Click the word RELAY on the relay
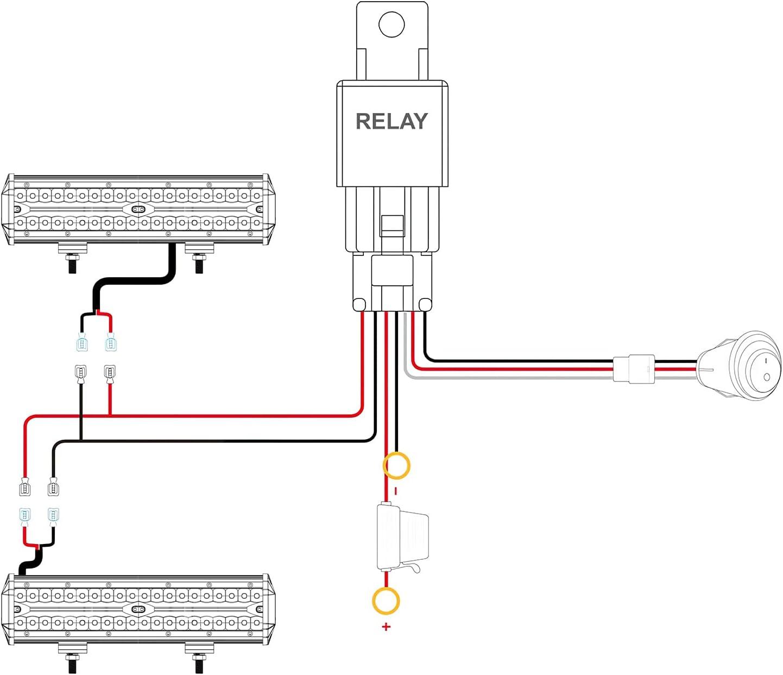pos(391,121)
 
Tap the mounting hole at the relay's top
pos(391,24)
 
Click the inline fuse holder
pos(402,538)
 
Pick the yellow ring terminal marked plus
pos(386,601)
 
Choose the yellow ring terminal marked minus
pos(396,466)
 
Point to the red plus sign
pos(386,627)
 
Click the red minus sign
pos(396,491)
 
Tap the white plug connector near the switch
pos(634,368)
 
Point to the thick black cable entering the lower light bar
pos(30,562)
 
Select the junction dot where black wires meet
pos(81,439)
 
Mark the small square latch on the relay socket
pos(392,224)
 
